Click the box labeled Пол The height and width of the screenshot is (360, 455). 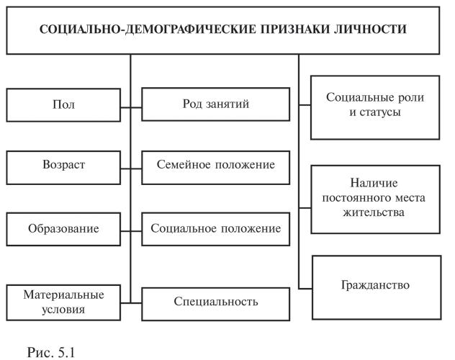tap(63, 105)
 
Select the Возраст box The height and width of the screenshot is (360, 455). tap(63, 166)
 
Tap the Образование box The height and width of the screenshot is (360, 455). tap(63, 229)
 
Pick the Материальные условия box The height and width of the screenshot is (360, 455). tap(63, 302)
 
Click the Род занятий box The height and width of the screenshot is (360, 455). tap(216, 105)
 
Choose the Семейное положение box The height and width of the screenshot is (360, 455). tap(216, 166)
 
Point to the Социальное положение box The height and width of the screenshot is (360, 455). tap(216, 229)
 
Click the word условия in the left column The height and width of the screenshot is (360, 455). tap(63, 310)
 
